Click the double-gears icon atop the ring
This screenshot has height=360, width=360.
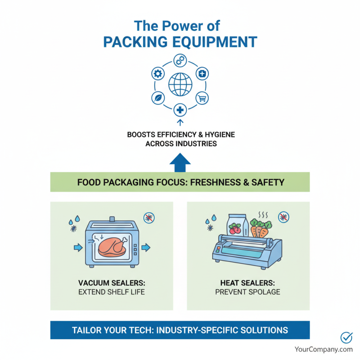point(180,59)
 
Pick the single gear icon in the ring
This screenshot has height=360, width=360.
point(158,73)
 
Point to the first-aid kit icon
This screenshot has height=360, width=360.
point(202,73)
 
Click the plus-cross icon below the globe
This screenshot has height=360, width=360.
point(180,109)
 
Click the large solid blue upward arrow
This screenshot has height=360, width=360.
point(180,162)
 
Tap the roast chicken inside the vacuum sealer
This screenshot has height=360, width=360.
point(112,247)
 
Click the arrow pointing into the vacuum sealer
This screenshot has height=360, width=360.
point(77,247)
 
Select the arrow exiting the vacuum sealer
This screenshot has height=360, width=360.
point(146,247)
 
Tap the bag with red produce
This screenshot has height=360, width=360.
point(236,225)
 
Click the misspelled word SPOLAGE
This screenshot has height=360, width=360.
point(263,292)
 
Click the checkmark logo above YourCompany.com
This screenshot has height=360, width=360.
point(346,337)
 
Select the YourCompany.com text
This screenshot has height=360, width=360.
point(324,349)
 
